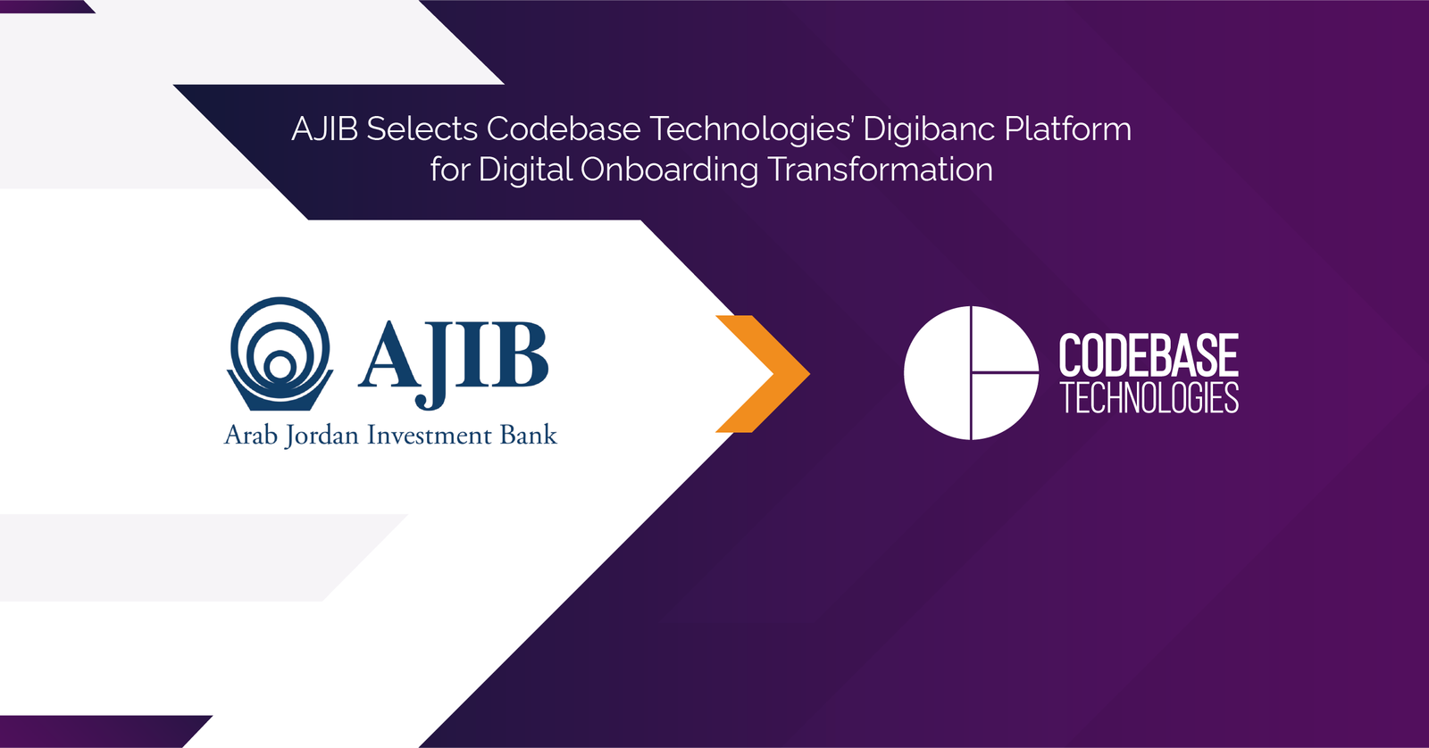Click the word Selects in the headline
[422, 129]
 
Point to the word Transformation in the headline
[881, 170]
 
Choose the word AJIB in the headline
[324, 129]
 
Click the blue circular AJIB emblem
[280, 353]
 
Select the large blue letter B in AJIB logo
[515, 354]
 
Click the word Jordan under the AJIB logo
[322, 436]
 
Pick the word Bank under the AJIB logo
[529, 435]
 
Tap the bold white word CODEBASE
[1149, 355]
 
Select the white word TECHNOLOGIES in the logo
[1149, 398]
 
